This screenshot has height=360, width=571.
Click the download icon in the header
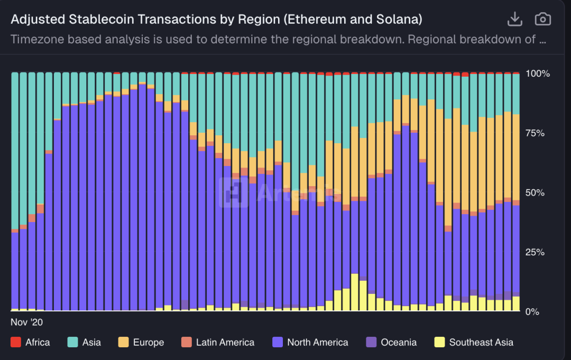tap(514, 20)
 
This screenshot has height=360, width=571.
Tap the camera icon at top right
tap(542, 20)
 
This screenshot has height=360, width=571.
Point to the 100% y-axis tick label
tap(538, 73)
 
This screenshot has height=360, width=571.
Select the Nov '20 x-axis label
tap(26, 321)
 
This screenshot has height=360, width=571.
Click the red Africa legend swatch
tap(15, 343)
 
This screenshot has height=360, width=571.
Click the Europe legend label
tap(148, 343)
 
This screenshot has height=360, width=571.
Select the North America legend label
tap(317, 343)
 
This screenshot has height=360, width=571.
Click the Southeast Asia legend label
tap(481, 343)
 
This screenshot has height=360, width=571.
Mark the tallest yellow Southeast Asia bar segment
tap(355, 292)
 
